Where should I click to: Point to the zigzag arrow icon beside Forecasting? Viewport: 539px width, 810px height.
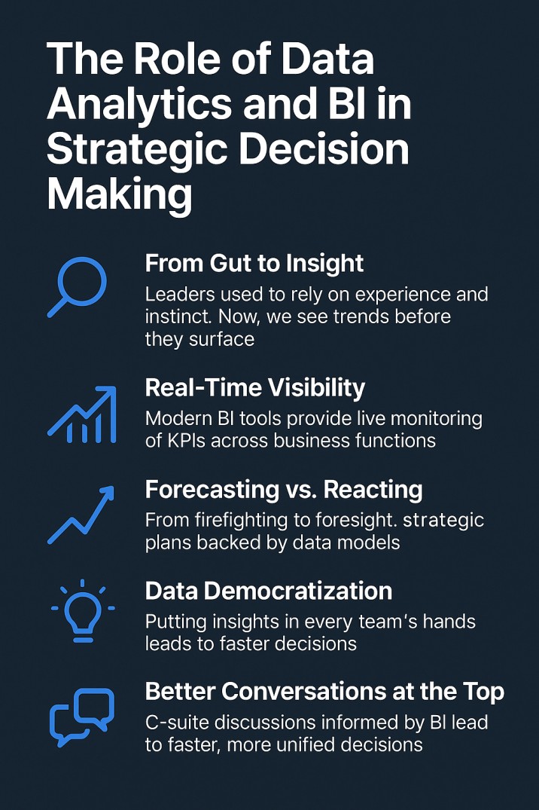click(x=81, y=515)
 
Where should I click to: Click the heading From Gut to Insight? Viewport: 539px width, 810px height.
click(x=254, y=264)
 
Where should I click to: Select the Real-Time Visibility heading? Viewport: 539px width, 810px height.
click(x=255, y=388)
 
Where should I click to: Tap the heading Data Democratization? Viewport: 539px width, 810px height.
click(x=269, y=591)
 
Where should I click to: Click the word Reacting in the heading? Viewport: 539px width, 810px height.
click(x=373, y=491)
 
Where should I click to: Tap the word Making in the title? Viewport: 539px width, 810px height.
click(x=119, y=195)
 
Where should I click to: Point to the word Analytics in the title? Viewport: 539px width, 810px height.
click(x=139, y=104)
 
